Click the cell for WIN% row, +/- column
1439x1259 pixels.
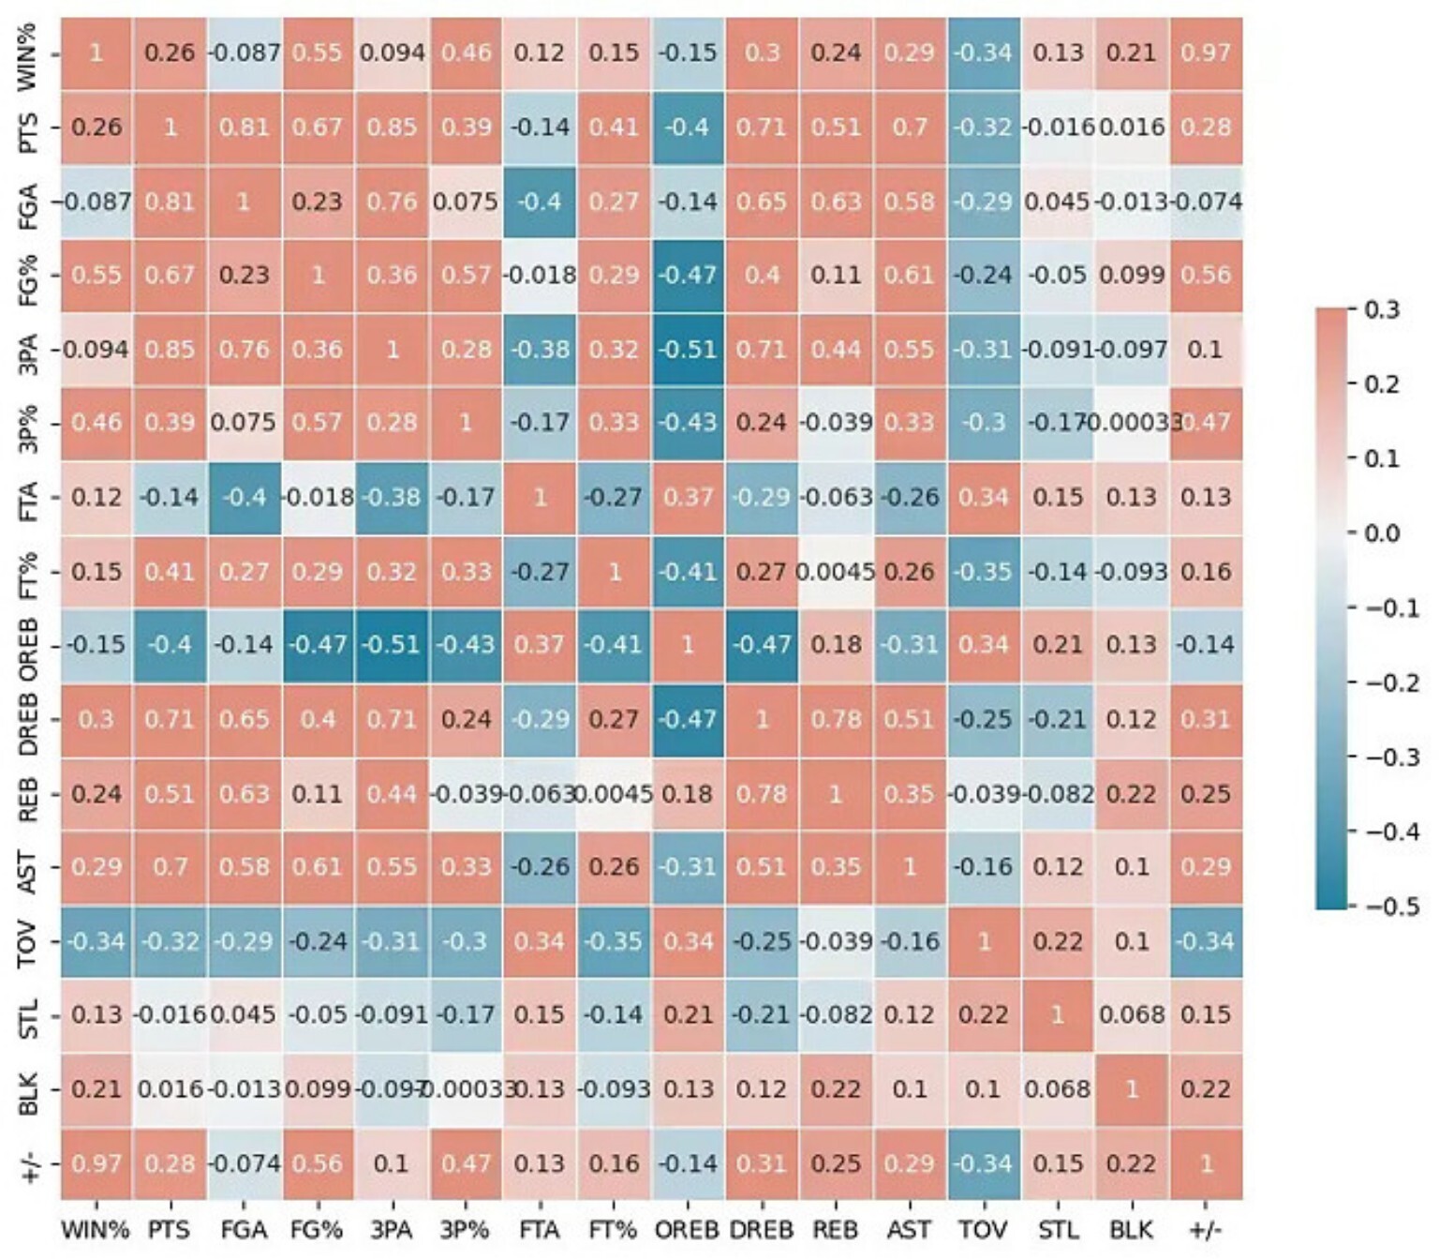click(x=1206, y=52)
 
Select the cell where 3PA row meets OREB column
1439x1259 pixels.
click(x=688, y=349)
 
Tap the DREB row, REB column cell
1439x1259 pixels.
click(x=836, y=719)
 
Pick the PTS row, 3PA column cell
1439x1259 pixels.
click(x=392, y=127)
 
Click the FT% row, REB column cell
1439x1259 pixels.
click(x=836, y=571)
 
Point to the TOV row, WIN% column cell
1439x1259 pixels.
click(x=96, y=941)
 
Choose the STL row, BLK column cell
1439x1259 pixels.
click(x=1132, y=1015)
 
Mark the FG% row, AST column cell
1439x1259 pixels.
click(x=910, y=275)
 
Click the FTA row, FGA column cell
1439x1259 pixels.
click(x=244, y=497)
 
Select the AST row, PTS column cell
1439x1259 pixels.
click(x=170, y=867)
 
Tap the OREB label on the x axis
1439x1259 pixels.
click(x=688, y=1230)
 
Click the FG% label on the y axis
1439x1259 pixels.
click(x=28, y=275)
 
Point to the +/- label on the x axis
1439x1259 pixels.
click(x=1206, y=1230)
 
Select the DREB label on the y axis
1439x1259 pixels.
click(x=28, y=719)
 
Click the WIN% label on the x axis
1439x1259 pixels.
click(x=96, y=1230)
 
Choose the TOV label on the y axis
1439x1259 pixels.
click(x=28, y=941)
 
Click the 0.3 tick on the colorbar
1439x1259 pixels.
click(x=1381, y=309)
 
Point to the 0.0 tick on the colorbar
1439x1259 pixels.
click(x=1381, y=533)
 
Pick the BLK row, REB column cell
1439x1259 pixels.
click(x=836, y=1089)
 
